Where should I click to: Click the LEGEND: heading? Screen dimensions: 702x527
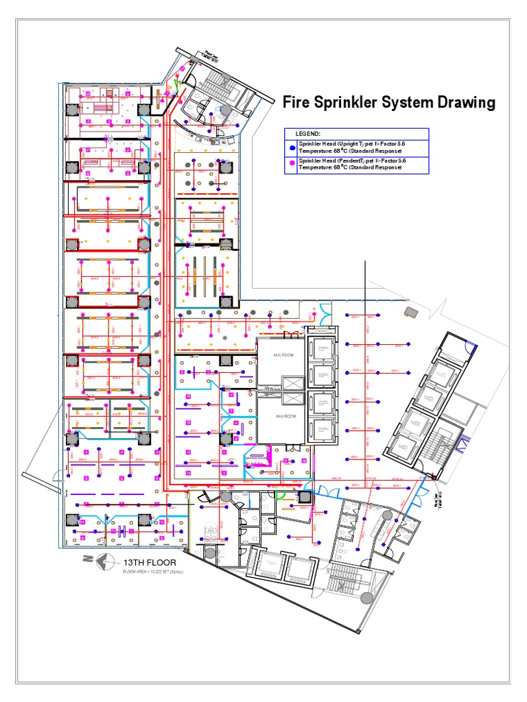(x=308, y=133)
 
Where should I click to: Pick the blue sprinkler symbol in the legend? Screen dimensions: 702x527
(x=292, y=147)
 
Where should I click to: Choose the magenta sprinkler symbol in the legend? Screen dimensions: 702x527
(x=292, y=163)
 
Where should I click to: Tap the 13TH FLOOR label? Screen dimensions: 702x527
(x=146, y=562)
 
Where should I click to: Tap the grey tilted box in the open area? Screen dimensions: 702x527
(x=412, y=312)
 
